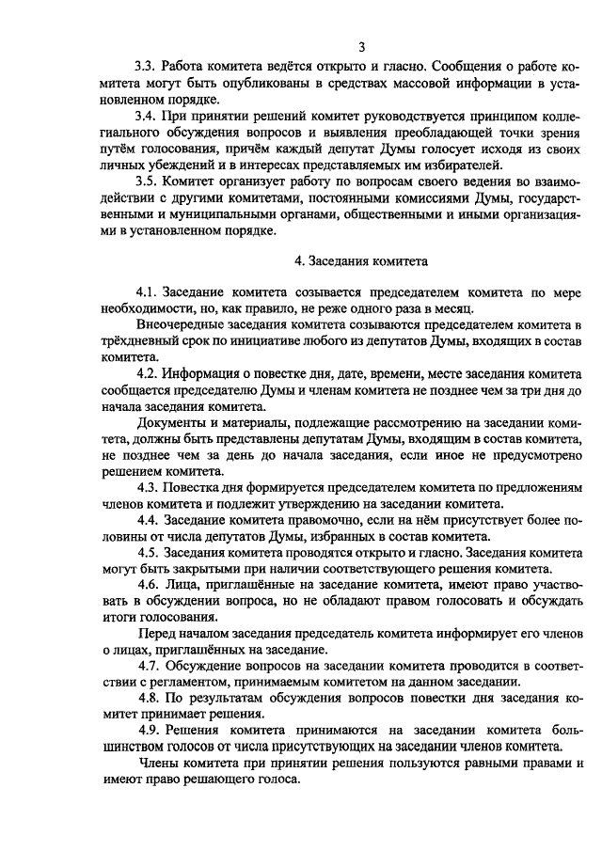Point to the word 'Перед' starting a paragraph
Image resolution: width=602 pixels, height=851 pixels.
pos(155,634)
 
